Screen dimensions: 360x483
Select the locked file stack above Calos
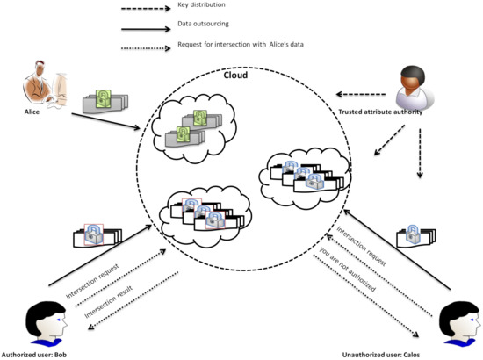(415, 234)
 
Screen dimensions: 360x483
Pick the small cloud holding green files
(191, 127)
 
